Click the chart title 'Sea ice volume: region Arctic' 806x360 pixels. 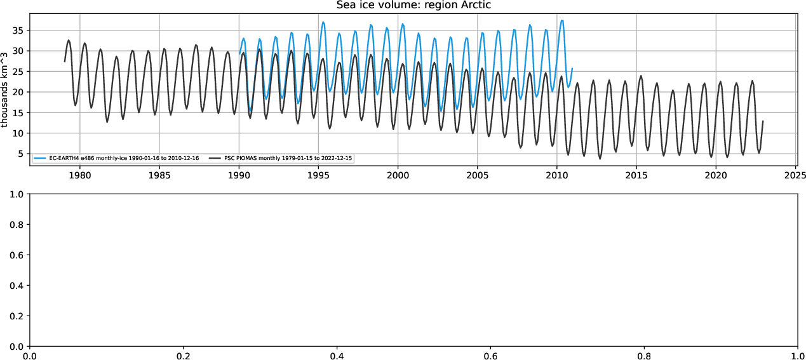click(x=413, y=5)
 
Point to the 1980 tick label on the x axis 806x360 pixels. click(x=79, y=173)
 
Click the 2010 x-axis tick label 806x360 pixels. click(x=557, y=173)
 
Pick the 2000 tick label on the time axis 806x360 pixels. click(x=398, y=173)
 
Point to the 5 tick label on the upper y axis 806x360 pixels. click(x=20, y=154)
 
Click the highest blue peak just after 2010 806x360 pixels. click(x=561, y=20)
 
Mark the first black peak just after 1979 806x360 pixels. click(x=69, y=40)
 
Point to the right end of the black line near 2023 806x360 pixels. click(x=763, y=121)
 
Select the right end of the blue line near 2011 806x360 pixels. click(x=572, y=68)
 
